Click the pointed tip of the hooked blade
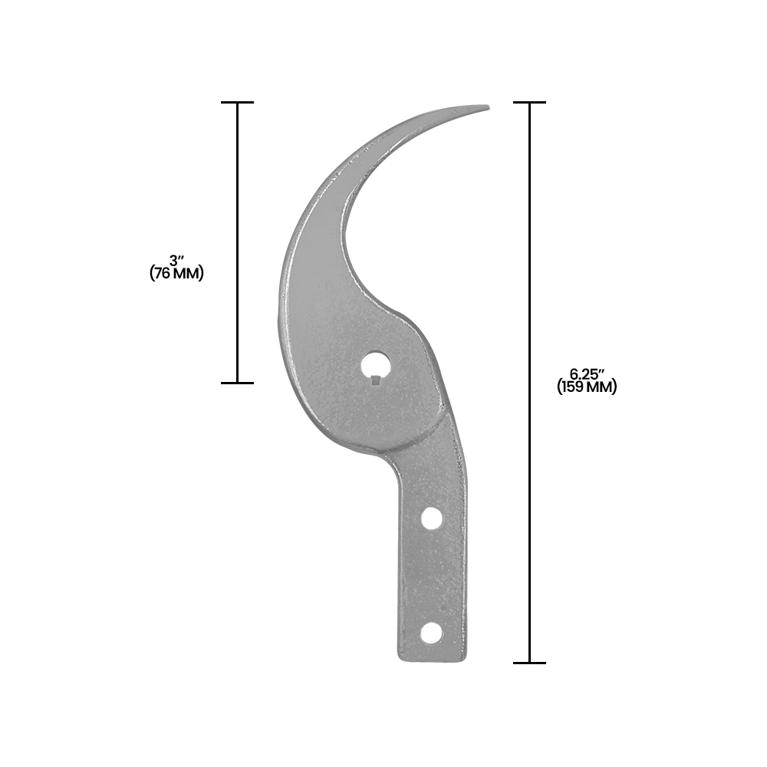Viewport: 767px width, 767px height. (x=487, y=107)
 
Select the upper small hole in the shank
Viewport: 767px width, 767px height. (x=431, y=519)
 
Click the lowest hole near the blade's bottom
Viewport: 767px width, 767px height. (x=432, y=633)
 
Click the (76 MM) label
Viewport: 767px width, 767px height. (x=177, y=274)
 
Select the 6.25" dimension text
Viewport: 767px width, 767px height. (x=587, y=374)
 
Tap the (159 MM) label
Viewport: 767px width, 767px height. (x=587, y=387)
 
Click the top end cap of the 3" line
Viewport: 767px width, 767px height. (x=237, y=102)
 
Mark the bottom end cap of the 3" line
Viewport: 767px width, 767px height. (x=237, y=382)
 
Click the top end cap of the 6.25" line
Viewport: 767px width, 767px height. (x=529, y=102)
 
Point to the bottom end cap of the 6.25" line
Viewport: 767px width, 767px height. (x=529, y=663)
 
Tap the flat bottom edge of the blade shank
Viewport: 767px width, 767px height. (x=432, y=660)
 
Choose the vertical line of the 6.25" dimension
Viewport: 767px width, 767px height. (x=529, y=230)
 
